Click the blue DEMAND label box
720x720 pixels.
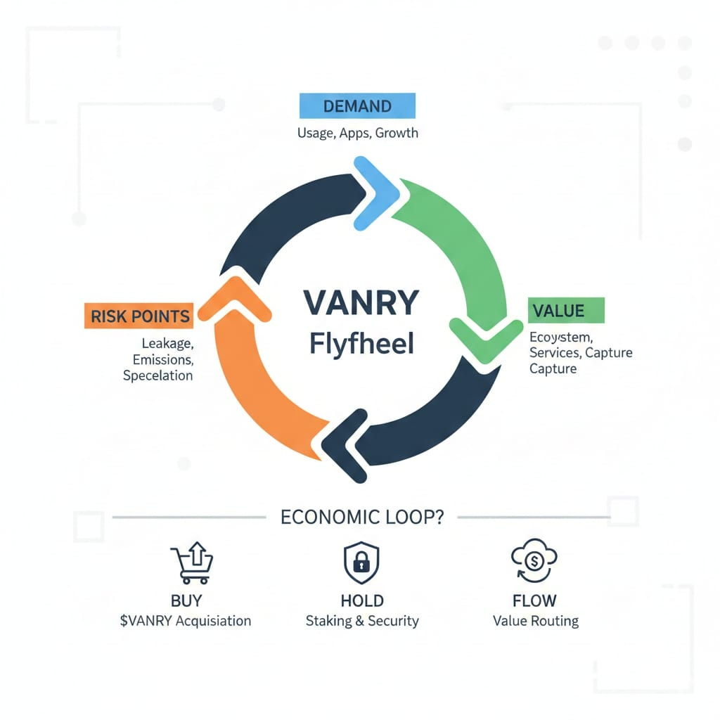coord(357,106)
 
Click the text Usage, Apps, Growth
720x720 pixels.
coord(358,132)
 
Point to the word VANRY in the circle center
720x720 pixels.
coord(361,303)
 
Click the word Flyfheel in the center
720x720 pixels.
coord(361,345)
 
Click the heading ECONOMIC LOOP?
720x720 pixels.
coord(362,517)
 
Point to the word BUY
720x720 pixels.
coord(186,601)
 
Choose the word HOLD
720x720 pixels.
coord(362,601)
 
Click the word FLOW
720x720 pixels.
coord(534,601)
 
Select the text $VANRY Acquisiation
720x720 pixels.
coord(186,621)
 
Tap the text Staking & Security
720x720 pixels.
coord(362,621)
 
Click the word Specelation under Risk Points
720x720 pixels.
coord(157,375)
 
